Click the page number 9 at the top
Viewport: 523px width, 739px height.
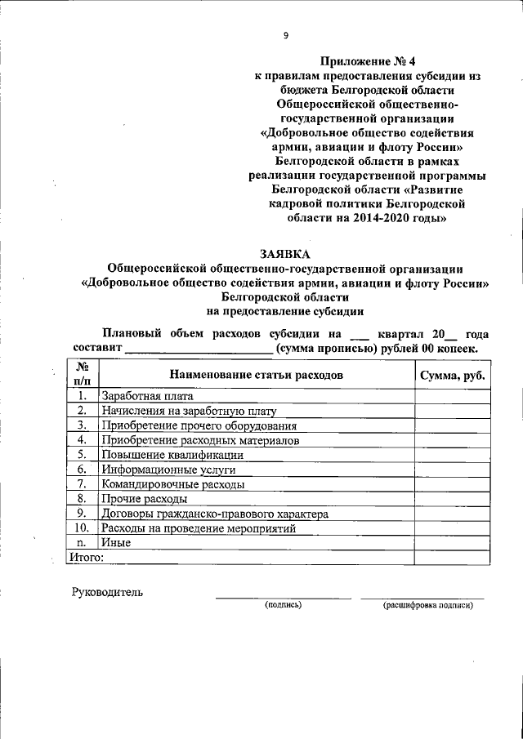(285, 34)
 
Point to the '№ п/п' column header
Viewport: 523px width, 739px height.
(82, 374)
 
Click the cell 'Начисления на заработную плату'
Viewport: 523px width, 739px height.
(189, 412)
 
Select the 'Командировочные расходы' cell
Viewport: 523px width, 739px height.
(172, 484)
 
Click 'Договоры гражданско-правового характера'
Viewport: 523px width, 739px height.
(214, 514)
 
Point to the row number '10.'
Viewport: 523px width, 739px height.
(82, 528)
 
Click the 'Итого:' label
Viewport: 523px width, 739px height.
(85, 558)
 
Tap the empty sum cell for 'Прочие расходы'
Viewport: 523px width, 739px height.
(452, 499)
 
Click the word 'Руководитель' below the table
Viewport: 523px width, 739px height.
(107, 592)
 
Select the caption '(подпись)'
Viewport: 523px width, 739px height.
(283, 605)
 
